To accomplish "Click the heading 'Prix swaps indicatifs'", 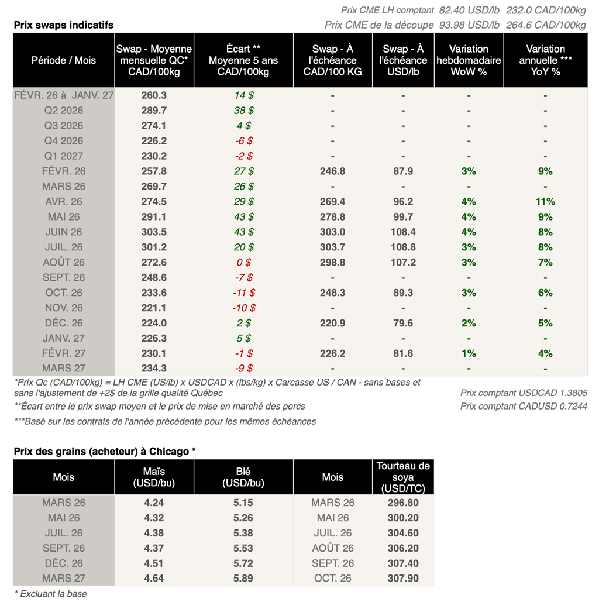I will pos(64,25).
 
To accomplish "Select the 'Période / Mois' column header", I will pos(64,60).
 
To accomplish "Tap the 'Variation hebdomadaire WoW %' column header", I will pos(469,60).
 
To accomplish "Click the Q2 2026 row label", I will pos(64,111).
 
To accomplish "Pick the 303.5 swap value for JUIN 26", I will pos(154,232).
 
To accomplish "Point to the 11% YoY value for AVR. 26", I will pos(545,202).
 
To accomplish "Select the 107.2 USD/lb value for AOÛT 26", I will pos(403,263).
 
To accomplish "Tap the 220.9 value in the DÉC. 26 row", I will pos(332,324).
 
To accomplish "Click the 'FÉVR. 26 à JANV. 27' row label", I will pos(64,95).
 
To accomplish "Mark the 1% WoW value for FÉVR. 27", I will pos(469,354).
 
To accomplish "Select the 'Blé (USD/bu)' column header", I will pos(243,477).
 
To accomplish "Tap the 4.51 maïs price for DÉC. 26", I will pos(154,563).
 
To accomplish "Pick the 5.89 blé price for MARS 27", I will pos(243,579).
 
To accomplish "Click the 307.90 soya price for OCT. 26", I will pos(403,579).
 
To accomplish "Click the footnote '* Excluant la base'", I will pos(50,594).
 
